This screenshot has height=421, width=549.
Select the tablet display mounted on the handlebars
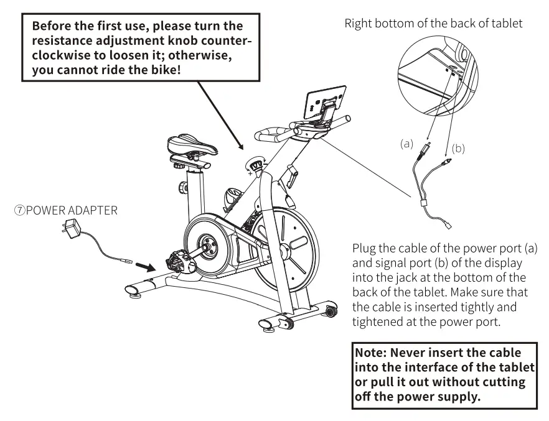click(325, 101)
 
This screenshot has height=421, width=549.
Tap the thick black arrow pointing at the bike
click(145, 266)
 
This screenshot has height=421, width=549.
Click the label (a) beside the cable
click(406, 144)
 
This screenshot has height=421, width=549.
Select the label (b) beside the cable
click(458, 149)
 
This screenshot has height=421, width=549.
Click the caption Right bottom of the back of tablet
click(433, 24)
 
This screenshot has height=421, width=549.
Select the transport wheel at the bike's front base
click(328, 309)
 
